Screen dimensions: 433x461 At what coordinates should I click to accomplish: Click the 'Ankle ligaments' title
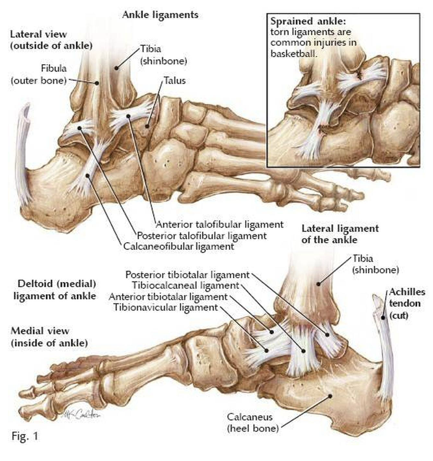(x=160, y=15)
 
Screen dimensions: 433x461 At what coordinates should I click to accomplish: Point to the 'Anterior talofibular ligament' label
(x=219, y=225)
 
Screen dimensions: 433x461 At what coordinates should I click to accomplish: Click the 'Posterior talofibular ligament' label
(x=201, y=236)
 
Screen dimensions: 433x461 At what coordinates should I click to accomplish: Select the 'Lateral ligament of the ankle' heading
(x=340, y=234)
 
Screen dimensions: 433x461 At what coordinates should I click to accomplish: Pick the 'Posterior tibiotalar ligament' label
(x=188, y=274)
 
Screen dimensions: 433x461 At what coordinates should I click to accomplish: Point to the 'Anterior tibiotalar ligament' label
(x=168, y=297)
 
